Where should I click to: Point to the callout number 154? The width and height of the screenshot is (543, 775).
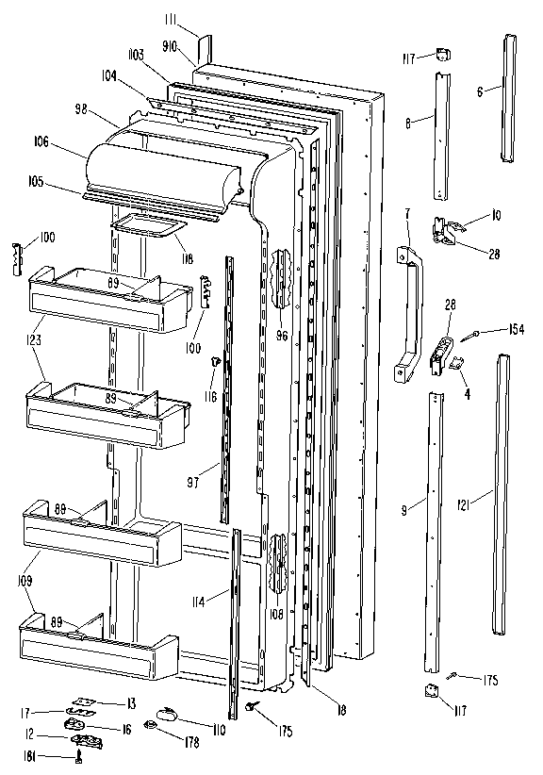pyautogui.click(x=515, y=328)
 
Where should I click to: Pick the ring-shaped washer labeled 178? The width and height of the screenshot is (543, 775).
pyautogui.click(x=149, y=724)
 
